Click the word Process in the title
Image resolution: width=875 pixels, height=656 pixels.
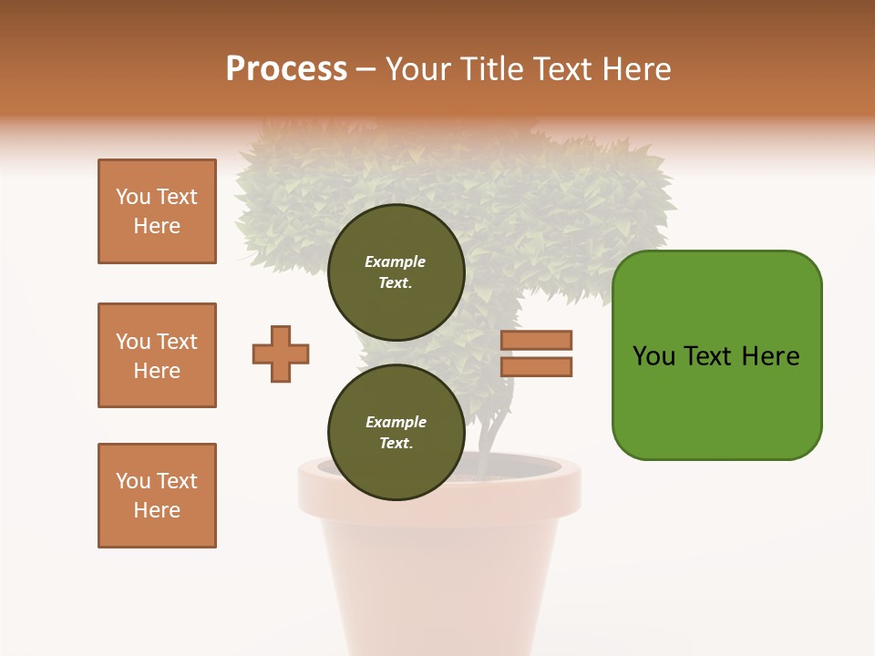286,69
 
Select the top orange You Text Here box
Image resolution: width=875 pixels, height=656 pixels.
157,211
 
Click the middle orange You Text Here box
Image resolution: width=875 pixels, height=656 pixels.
157,355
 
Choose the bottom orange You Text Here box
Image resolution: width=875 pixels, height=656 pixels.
157,496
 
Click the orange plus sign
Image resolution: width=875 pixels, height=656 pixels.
281,354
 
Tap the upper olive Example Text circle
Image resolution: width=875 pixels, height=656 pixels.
396,272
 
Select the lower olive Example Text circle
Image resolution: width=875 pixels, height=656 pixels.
396,432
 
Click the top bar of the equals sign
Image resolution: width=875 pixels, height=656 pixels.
536,341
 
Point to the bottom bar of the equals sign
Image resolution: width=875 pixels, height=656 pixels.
536,366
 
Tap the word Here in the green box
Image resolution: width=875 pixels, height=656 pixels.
770,356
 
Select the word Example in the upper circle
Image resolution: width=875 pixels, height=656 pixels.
396,261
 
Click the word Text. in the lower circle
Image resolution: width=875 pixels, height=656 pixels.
396,443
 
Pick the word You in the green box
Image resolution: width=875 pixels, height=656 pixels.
654,356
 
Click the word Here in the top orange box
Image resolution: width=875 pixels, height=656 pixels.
157,226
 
